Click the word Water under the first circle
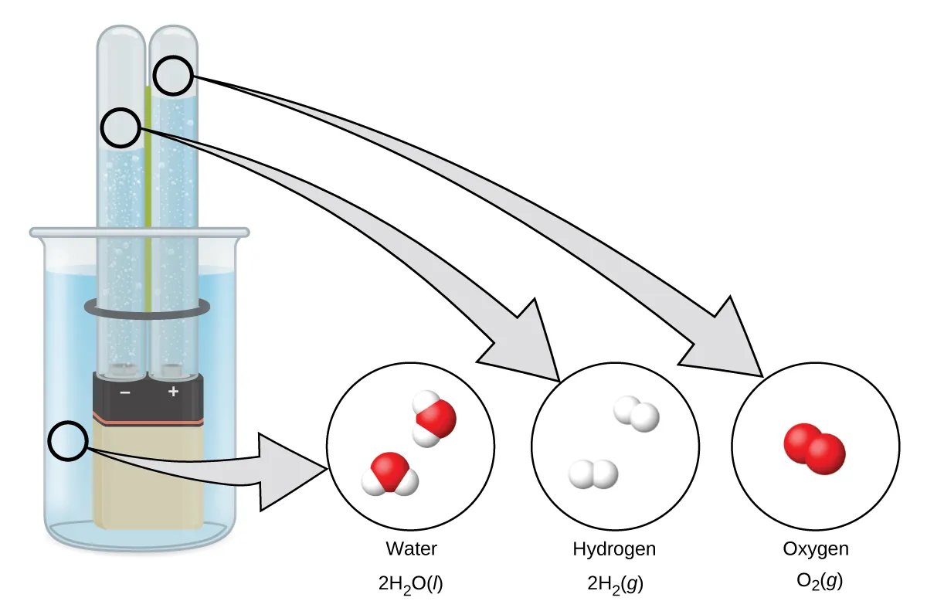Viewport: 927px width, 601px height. pos(411,549)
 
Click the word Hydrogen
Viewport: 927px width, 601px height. pos(614,549)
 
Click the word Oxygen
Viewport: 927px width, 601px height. pos(816,549)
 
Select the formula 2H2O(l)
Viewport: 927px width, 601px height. pos(411,582)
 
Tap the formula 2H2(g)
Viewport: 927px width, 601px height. pos(614,582)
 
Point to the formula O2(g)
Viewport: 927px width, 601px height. pos(816,582)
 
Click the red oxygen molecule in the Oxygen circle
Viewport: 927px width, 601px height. pos(814,448)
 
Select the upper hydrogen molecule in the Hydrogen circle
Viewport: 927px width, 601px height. pos(637,415)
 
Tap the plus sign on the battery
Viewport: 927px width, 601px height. pos(173,392)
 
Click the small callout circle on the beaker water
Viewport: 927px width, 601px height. pos(68,441)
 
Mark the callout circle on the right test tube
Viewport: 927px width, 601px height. pos(174,76)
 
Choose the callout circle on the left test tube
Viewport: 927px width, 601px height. pos(123,127)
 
